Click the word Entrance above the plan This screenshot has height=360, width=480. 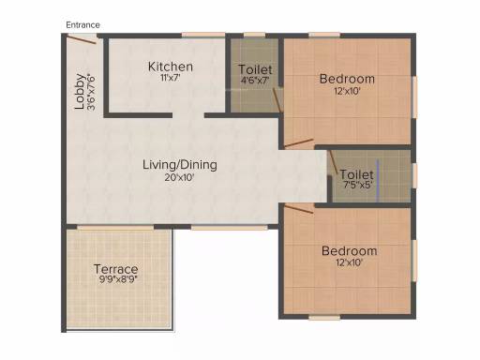[82, 25]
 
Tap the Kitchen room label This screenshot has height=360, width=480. [171, 67]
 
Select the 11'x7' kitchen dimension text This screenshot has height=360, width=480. [171, 78]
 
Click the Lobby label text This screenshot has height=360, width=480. [80, 91]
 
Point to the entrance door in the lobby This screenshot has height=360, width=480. [82, 39]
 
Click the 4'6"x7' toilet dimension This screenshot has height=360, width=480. [255, 81]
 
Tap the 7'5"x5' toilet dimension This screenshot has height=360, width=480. [358, 185]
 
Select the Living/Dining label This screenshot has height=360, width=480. [180, 165]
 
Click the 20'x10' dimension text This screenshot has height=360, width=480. [180, 177]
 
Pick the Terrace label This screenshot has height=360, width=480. [116, 269]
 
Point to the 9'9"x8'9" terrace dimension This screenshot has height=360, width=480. [118, 279]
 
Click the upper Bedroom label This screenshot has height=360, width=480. [347, 79]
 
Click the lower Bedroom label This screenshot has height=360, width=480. [349, 251]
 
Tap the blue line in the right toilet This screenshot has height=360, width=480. [378, 181]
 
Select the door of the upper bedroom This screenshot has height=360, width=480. [299, 143]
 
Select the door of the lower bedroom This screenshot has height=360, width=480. [299, 209]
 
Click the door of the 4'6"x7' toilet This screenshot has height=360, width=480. [277, 100]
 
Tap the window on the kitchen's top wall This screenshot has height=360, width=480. [203, 35]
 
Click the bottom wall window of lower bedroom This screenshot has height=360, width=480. [324, 317]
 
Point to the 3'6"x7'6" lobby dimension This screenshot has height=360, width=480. [91, 92]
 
